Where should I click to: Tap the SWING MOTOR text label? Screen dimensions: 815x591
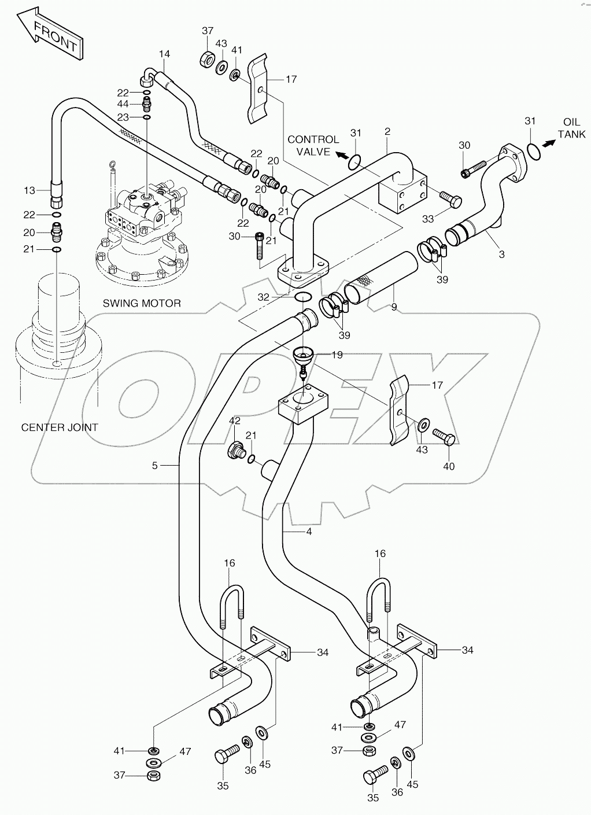142,303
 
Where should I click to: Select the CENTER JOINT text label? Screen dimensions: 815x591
60,427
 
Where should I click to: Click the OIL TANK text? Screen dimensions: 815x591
571,128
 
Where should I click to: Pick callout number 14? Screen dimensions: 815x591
165,54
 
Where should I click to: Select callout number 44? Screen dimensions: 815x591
123,104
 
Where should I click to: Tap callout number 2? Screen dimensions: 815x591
387,132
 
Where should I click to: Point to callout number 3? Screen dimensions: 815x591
501,254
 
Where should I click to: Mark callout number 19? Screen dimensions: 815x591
337,355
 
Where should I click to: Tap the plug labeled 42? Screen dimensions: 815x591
236,449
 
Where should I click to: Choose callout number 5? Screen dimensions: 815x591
154,465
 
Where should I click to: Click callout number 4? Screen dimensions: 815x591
309,532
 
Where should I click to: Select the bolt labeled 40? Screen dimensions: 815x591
444,437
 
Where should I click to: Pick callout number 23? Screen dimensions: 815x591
123,117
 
